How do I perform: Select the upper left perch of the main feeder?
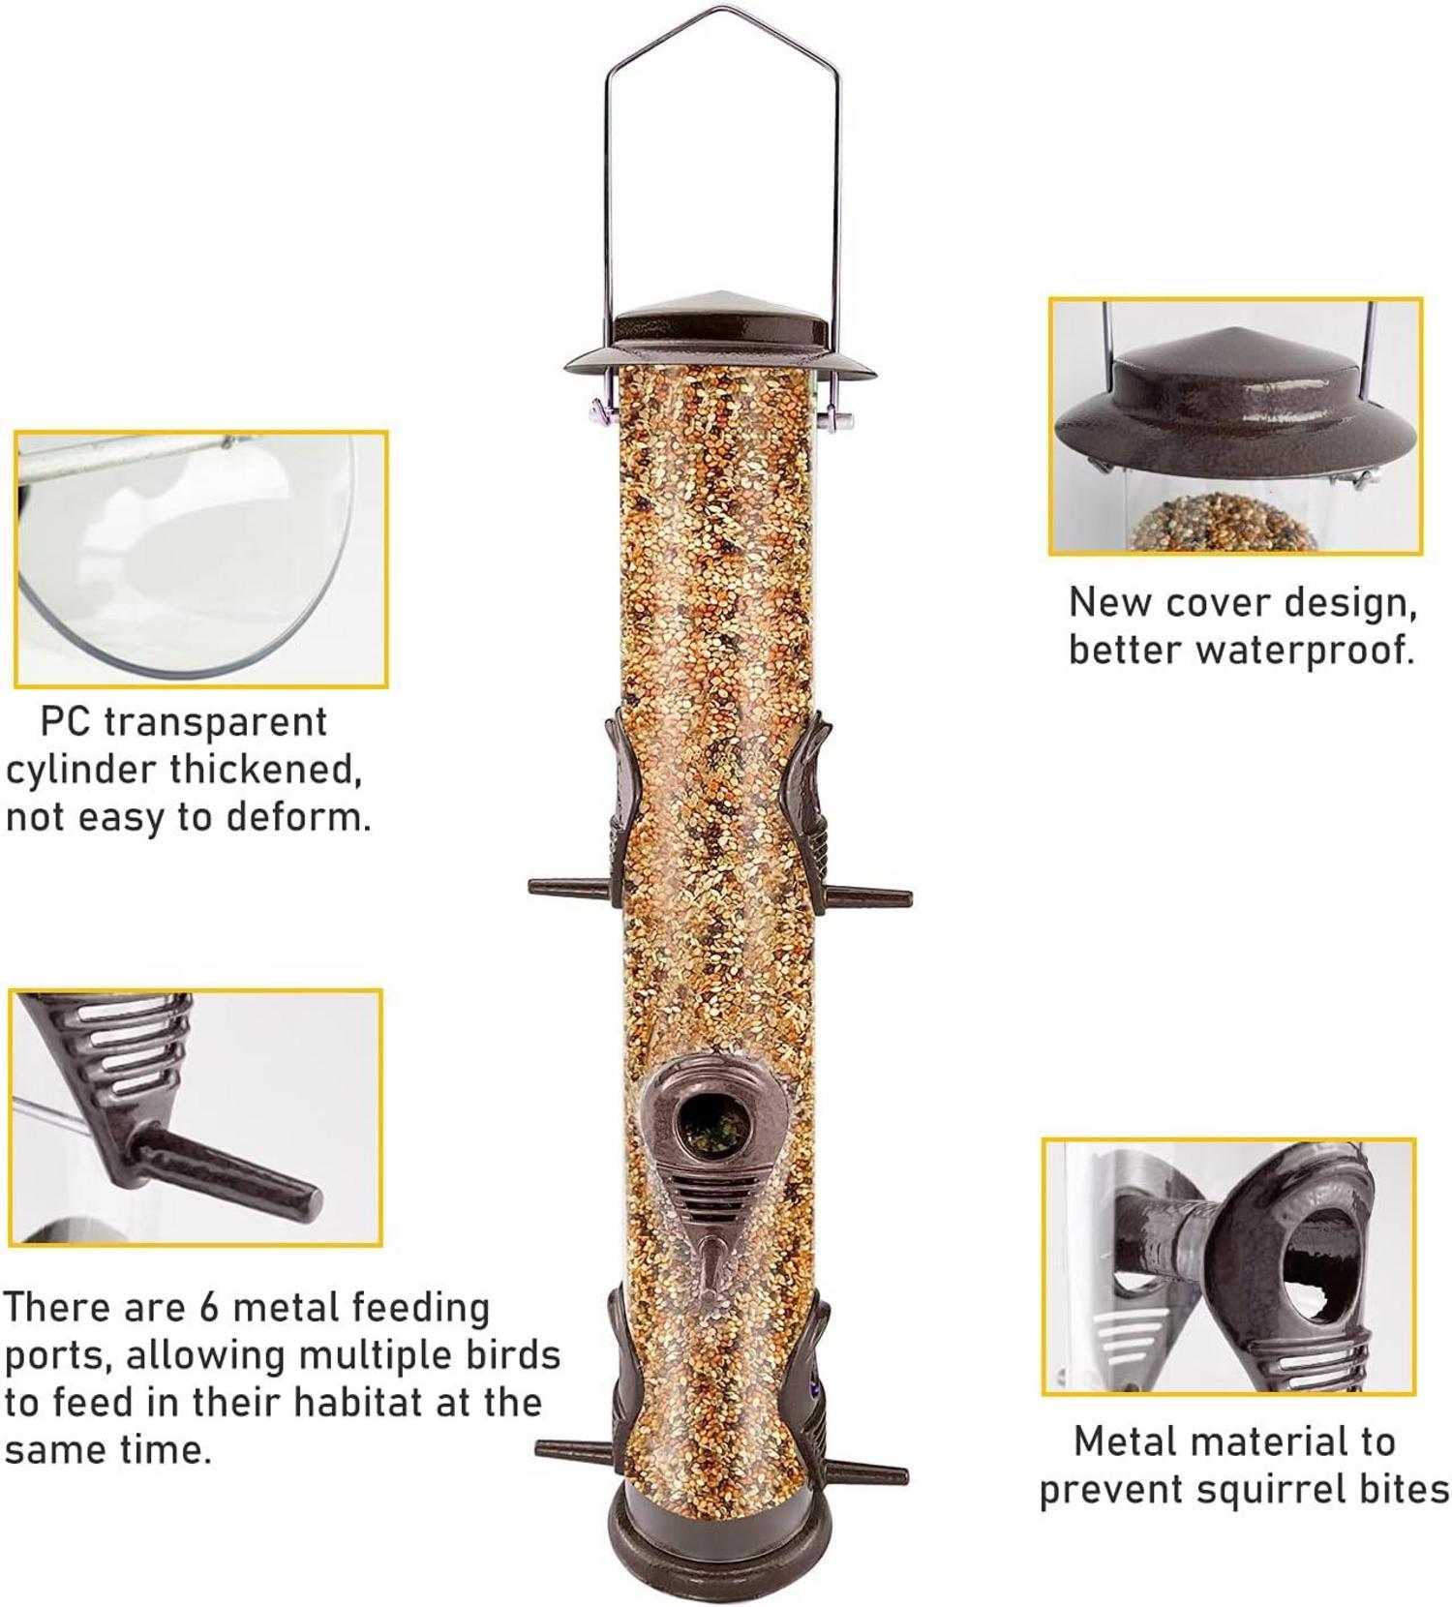point(570,887)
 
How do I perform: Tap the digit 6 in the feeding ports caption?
point(209,1308)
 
